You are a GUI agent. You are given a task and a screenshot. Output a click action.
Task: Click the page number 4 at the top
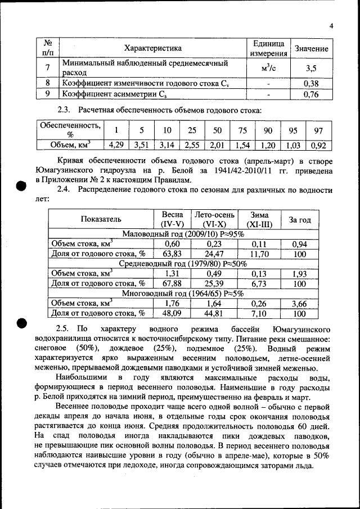[x=331, y=25]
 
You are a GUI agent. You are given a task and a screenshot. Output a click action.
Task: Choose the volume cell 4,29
[x=117, y=145]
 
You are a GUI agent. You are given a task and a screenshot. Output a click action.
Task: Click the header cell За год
[x=300, y=219]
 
